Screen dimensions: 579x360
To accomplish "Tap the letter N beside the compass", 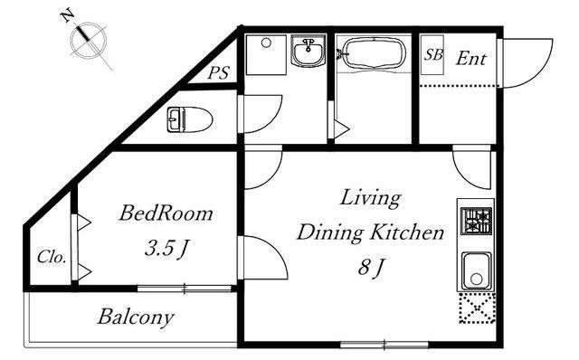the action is [67, 16].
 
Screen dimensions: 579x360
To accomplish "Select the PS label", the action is [218, 72].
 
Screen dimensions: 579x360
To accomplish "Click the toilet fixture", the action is [189, 119].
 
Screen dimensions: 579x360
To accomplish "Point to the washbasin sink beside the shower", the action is [308, 51].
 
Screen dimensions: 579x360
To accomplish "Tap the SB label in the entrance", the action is [432, 54].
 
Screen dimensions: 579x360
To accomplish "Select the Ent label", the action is [470, 58].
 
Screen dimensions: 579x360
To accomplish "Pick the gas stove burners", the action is [476, 221].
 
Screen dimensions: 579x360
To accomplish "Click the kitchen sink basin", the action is [477, 271].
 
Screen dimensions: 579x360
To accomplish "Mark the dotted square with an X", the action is [477, 308].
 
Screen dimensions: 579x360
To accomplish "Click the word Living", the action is [370, 199].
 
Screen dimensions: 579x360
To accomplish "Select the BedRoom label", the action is [166, 213].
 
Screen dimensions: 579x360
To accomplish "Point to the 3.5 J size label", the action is [166, 249].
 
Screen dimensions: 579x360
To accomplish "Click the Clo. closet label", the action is [52, 257].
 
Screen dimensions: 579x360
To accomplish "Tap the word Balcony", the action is [136, 317].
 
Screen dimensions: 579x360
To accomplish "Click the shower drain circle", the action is [266, 43].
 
